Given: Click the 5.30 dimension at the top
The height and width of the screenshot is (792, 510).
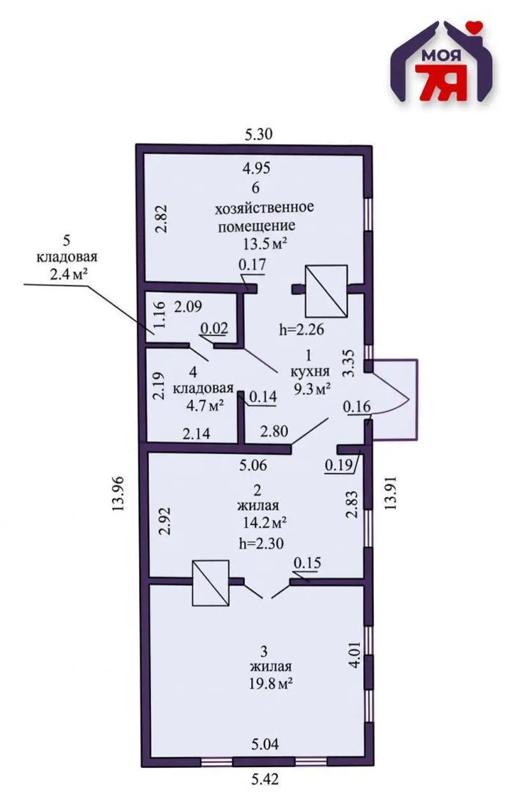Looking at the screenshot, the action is (x=259, y=135).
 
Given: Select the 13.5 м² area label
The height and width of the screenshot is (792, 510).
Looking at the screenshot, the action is (x=265, y=244).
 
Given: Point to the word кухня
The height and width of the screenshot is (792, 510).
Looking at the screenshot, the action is (x=310, y=371).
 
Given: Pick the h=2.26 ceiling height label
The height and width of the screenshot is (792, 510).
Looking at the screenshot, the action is (x=302, y=330).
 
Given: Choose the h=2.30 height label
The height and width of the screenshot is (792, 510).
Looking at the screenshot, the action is (x=261, y=544).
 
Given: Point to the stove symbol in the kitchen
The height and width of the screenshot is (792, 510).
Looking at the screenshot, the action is (x=326, y=291).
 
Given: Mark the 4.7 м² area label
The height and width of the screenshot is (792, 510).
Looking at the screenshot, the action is (x=205, y=405).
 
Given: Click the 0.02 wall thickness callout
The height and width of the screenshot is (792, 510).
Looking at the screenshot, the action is (x=214, y=329).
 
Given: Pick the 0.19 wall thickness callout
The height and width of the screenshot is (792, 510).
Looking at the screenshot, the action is (x=339, y=465).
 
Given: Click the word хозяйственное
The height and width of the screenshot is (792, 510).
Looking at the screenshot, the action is (x=265, y=207).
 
